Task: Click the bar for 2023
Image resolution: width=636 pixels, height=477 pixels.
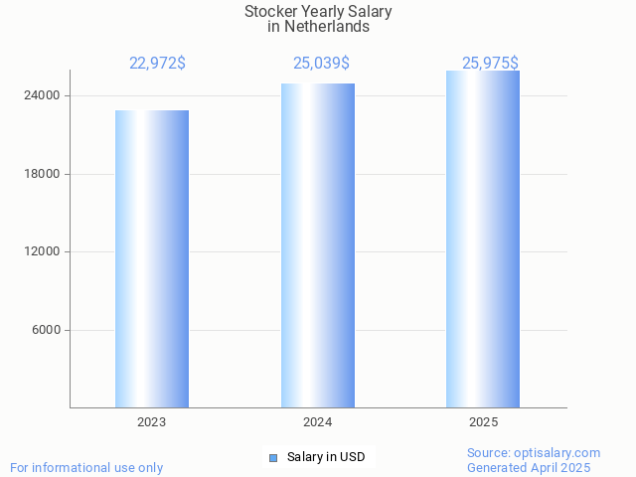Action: coord(152,258)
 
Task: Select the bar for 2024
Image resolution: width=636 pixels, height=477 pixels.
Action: coord(318,245)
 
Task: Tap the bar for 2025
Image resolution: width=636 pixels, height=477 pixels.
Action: coord(483,238)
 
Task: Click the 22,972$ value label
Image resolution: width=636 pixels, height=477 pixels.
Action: coord(157,64)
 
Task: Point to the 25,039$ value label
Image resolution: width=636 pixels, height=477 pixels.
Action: coord(321,64)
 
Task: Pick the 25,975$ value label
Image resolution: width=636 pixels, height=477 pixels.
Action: coord(489,64)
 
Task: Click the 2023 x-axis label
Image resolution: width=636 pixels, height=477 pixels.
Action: coord(152,422)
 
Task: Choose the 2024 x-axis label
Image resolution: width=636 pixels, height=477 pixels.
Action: coord(318,422)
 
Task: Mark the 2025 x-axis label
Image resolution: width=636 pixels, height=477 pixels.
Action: coord(483,422)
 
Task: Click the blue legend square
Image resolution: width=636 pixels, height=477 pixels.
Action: coord(273,457)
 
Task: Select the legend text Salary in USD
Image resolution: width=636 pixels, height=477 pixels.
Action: coord(326,457)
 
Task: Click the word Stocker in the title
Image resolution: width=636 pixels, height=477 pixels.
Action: coord(270,12)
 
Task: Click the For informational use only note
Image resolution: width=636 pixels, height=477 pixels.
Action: coord(86,467)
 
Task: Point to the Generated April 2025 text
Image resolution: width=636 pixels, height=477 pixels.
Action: coord(529,467)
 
